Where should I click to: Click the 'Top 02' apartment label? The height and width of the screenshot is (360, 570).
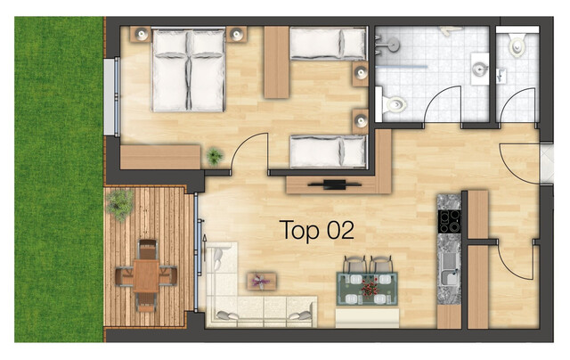[x=317, y=230]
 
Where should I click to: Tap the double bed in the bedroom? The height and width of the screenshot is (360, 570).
[x=188, y=70]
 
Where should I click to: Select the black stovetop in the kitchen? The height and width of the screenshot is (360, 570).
[x=449, y=222]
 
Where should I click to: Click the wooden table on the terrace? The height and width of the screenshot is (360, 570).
[x=146, y=275]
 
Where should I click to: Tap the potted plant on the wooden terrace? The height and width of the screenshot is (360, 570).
[x=119, y=205]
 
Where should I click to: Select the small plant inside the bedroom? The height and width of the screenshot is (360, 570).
[x=215, y=156]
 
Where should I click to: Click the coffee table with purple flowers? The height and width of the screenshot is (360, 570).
[x=261, y=282]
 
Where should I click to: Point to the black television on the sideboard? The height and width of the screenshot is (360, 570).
[x=335, y=184]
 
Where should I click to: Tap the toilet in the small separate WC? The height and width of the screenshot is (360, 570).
[x=517, y=45]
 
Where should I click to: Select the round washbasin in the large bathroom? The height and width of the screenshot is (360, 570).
[x=480, y=69]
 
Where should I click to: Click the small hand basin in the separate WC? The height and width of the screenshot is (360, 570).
[x=501, y=76]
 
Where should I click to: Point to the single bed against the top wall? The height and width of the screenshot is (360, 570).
[x=328, y=44]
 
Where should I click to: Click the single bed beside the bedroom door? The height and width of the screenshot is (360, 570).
[x=328, y=151]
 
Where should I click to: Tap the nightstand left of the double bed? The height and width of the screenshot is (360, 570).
[x=141, y=35]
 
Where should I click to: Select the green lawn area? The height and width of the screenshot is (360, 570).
[x=59, y=179]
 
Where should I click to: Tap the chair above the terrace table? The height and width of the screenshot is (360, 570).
[x=147, y=250]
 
